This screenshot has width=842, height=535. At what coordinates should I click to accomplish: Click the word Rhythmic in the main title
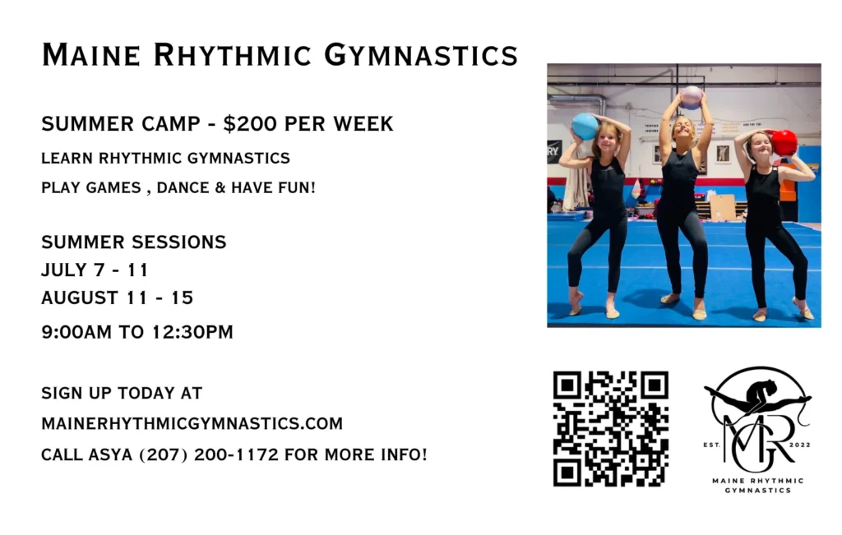click(x=232, y=55)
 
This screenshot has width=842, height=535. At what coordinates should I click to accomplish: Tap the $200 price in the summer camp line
click(x=250, y=123)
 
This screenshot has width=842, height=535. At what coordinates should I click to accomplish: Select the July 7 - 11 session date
click(x=95, y=270)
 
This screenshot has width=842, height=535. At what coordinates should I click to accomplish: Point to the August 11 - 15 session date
click(x=117, y=297)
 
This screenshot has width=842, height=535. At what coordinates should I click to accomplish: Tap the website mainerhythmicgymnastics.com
click(x=192, y=423)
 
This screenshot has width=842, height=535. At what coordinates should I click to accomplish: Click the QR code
click(x=611, y=429)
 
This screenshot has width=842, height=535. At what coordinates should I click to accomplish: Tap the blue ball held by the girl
click(x=585, y=127)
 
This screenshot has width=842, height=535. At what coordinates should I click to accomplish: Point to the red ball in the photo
click(x=784, y=142)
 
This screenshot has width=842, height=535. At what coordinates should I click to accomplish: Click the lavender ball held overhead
click(x=691, y=98)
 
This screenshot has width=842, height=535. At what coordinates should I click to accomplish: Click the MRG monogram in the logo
click(x=757, y=440)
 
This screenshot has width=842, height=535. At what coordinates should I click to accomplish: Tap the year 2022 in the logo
click(x=799, y=445)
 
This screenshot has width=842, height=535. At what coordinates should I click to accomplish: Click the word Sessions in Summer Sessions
click(x=183, y=242)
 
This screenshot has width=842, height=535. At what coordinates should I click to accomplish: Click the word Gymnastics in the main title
click(x=421, y=55)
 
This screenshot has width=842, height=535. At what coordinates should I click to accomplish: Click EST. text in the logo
click(x=711, y=445)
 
